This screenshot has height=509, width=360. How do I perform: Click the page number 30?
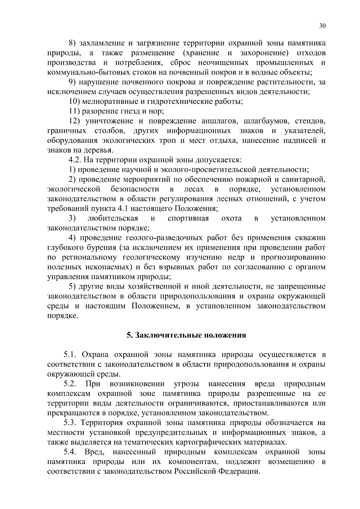(322, 26)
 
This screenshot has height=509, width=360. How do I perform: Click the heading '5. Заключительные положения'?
(186, 335)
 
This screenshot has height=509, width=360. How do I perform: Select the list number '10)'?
(74, 101)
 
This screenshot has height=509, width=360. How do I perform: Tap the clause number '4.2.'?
(75, 160)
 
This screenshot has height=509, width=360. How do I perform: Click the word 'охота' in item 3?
(231, 218)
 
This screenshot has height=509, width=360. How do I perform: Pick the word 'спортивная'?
(188, 218)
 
